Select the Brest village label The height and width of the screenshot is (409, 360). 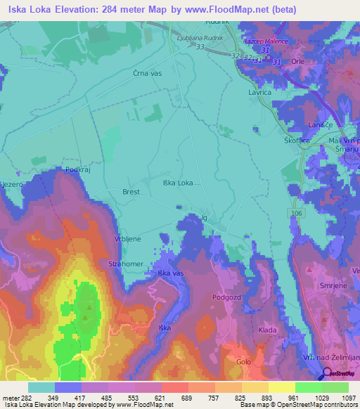(131, 192)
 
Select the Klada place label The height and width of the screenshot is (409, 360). (267, 330)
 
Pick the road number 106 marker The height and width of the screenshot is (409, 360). (294, 212)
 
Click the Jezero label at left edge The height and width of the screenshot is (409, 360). (13, 183)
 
